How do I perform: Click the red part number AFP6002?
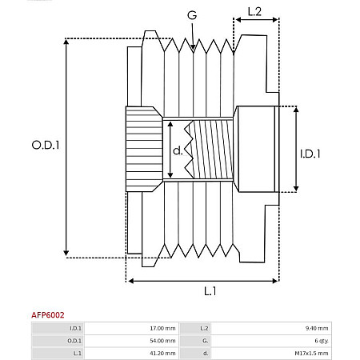click(x=49, y=316)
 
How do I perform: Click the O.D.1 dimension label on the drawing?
click(x=46, y=145)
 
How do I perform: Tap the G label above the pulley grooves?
click(x=192, y=15)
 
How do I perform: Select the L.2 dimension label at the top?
click(x=254, y=12)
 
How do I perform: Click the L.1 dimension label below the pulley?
click(x=209, y=291)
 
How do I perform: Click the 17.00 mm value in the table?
click(x=164, y=328)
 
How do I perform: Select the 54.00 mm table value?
click(x=164, y=340)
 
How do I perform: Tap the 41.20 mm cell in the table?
click(x=164, y=353)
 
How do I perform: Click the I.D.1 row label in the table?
click(x=75, y=328)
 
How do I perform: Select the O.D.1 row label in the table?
click(x=74, y=340)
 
